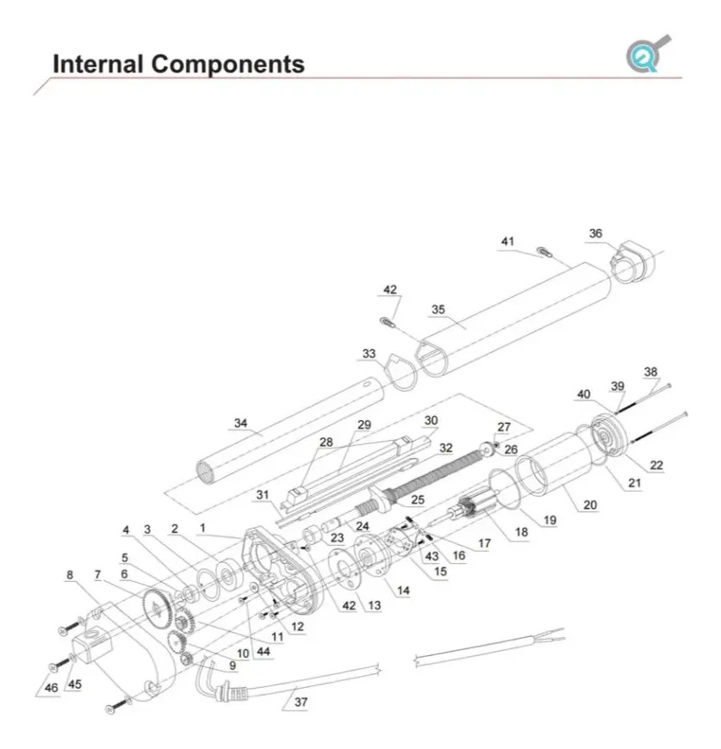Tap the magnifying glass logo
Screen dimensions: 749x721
[x=647, y=53]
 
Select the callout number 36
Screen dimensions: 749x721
[x=596, y=233]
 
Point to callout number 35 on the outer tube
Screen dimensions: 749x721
[x=438, y=309]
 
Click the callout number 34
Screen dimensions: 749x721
[x=240, y=423]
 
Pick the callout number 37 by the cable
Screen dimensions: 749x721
[x=301, y=702]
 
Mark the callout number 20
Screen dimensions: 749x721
[x=589, y=505]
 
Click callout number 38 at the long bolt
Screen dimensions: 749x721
[x=650, y=373]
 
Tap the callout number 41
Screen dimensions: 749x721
[x=507, y=241]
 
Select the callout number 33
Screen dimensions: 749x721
[x=370, y=354]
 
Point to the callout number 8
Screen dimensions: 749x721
[x=70, y=574]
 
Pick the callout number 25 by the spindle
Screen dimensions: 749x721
[x=417, y=499]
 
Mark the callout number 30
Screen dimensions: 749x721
[x=431, y=420]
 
